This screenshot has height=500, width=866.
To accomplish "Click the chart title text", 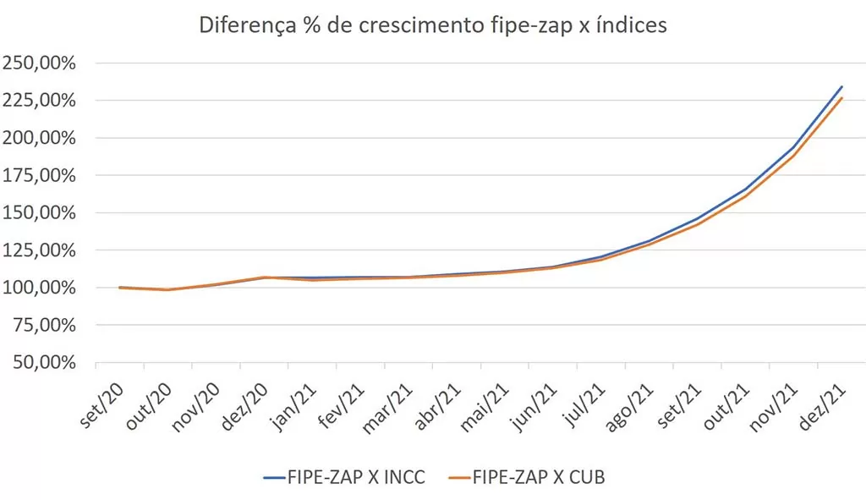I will pos(432,25).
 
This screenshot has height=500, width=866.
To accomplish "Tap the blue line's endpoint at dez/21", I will pos(842,86).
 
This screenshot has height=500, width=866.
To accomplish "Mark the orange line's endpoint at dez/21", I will pos(842,98).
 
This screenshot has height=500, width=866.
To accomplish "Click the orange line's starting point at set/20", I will pos(119,288).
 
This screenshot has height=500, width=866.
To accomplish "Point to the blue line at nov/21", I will pos(794,146).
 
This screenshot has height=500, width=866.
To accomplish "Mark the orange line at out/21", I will pos(746,195).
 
